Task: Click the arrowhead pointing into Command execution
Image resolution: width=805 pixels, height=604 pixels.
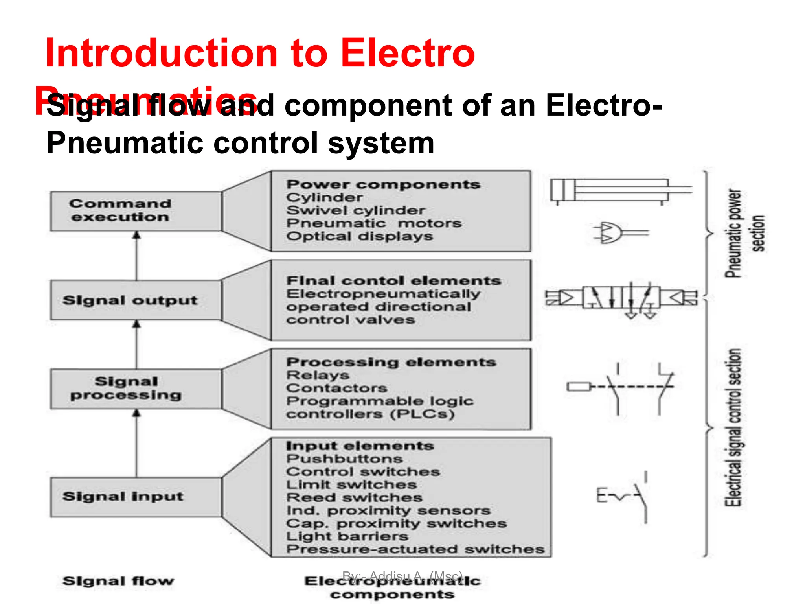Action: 136,235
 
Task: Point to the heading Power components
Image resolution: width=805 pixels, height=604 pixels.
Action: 383,184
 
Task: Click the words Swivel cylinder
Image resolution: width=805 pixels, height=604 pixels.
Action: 356,210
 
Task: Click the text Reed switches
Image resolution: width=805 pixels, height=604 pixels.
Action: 354,497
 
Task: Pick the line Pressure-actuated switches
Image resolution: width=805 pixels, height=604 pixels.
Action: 415,549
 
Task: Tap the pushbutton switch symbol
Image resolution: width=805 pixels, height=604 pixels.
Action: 625,497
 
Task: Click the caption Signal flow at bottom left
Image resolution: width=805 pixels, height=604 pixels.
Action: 118,581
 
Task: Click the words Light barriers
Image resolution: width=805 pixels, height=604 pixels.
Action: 347,536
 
